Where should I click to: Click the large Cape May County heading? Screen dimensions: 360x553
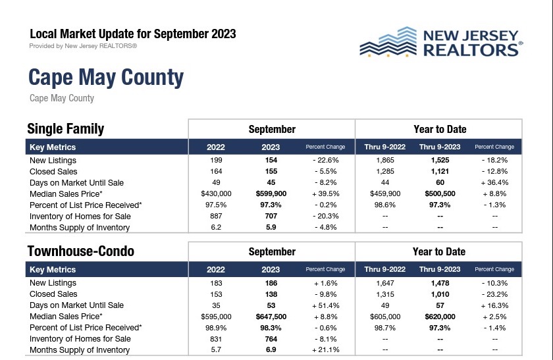[x=106, y=78]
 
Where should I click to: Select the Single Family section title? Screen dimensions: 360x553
[x=66, y=129]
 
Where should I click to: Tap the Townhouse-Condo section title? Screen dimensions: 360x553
[x=80, y=251]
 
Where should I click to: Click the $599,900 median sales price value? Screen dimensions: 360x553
[x=271, y=193]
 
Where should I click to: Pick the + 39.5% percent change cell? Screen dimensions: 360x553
[x=325, y=193]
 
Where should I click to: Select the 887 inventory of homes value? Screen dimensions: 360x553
[x=216, y=216]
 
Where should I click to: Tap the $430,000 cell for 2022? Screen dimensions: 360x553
[x=216, y=193]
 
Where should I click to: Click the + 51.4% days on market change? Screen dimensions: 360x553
[x=325, y=305]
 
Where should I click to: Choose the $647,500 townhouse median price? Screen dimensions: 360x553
[x=271, y=317]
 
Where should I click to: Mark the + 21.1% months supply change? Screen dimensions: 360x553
[x=325, y=350]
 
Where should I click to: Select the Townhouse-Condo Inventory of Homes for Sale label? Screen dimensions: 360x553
[x=80, y=339]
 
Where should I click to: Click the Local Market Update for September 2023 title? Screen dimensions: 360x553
[x=133, y=34]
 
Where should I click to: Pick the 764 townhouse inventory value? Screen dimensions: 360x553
[x=271, y=339]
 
